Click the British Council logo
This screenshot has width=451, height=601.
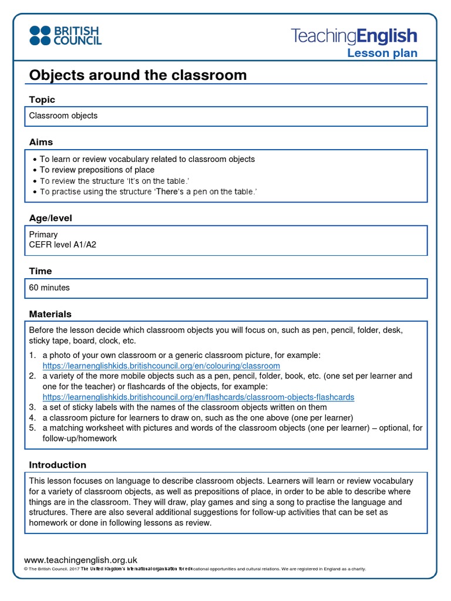coord(65,35)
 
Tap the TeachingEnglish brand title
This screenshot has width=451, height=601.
coord(354,36)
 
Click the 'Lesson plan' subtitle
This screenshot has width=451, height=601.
coord(382,53)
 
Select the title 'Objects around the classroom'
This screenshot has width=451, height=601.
coord(138,75)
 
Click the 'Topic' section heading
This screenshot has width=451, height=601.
coord(42,100)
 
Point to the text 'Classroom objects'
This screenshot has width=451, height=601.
coord(63,116)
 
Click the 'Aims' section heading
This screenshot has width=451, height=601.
coord(41,142)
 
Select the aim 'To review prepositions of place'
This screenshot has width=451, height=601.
coord(97,170)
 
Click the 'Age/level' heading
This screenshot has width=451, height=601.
coord(51,218)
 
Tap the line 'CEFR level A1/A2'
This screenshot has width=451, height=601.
coord(63,245)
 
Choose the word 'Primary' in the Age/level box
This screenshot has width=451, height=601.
coord(43,235)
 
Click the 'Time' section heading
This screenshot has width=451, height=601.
coord(41,271)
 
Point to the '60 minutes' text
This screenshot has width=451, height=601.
coord(49,288)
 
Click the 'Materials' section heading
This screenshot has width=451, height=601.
coord(51,314)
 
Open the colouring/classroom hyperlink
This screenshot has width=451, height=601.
coord(161,366)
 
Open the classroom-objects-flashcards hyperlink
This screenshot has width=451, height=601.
coord(198,397)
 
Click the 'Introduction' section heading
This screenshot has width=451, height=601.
coord(58,465)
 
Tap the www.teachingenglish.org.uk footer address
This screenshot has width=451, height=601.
coord(80,560)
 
